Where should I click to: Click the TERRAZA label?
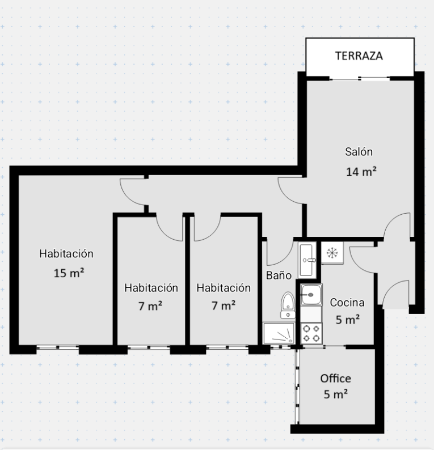coord(359,56)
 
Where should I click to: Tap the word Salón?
coord(359,151)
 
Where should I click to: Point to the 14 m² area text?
coord(361,172)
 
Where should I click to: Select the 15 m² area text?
coord(69,273)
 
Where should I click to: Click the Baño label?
coord(279,275)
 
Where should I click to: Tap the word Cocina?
coord(347,302)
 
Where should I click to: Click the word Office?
coord(335,378)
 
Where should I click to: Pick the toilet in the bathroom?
coord(288,305)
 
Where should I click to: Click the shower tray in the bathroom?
coord(279,333)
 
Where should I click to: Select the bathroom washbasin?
coord(307,260)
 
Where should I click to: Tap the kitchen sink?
coord(311,295)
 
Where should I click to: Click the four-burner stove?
coord(311,333)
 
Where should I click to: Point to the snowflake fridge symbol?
coord(332,253)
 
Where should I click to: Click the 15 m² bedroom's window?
coord(58,347)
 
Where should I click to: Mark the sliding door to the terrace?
coord(360,78)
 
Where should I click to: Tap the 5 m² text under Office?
coord(336,394)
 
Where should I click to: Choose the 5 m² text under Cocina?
coord(348,320)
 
